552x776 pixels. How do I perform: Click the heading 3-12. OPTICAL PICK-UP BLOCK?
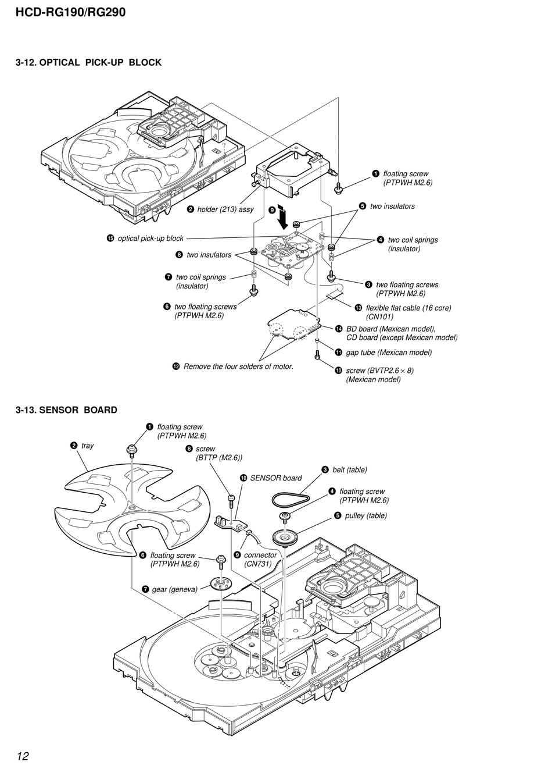(x=88, y=62)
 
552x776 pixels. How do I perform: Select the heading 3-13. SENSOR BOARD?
(x=66, y=410)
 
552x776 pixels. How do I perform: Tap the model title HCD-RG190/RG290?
(x=70, y=12)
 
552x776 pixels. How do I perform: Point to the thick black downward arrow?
(x=283, y=216)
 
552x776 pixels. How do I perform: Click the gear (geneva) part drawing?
(x=221, y=585)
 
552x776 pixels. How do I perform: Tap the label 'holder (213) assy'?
(x=225, y=209)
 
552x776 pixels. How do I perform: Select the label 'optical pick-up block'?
(x=150, y=239)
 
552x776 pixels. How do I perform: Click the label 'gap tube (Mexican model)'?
(x=389, y=353)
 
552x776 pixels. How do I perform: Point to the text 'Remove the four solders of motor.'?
(x=238, y=366)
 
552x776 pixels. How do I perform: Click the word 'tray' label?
(x=87, y=446)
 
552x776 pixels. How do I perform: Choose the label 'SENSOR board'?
(x=276, y=478)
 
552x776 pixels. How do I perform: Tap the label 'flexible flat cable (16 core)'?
(x=408, y=308)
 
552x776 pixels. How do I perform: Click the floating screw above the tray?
(x=132, y=450)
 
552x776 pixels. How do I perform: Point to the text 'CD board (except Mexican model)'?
(x=402, y=337)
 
